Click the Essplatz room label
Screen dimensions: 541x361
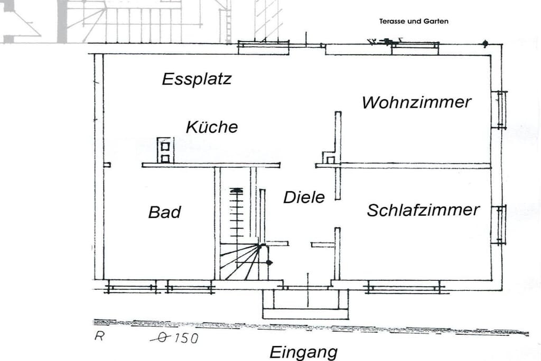pyautogui.click(x=197, y=79)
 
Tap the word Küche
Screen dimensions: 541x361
pyautogui.click(x=212, y=127)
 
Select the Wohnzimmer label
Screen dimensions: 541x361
pyautogui.click(x=416, y=102)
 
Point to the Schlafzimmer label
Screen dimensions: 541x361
pyautogui.click(x=423, y=210)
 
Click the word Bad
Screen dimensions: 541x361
pyautogui.click(x=165, y=212)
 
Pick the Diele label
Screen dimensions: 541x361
pyautogui.click(x=304, y=197)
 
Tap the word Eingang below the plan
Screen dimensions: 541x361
pyautogui.click(x=304, y=352)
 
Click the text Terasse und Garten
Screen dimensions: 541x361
pyautogui.click(x=414, y=21)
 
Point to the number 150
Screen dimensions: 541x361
pyautogui.click(x=186, y=338)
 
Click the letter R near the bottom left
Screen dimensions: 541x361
pyautogui.click(x=99, y=336)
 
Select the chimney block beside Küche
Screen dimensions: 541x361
pyautogui.click(x=165, y=150)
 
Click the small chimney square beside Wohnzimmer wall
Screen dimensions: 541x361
pyautogui.click(x=331, y=160)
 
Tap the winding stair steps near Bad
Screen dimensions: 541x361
pyautogui.click(x=241, y=261)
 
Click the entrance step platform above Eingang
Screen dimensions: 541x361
pyautogui.click(x=306, y=304)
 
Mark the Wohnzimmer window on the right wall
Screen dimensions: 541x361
pyautogui.click(x=499, y=109)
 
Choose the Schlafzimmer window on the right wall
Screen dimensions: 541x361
pyautogui.click(x=499, y=225)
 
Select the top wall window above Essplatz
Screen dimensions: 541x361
pyautogui.click(x=264, y=48)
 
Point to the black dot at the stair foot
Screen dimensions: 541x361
pyautogui.click(x=269, y=263)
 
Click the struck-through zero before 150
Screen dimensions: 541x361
pyautogui.click(x=161, y=338)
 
